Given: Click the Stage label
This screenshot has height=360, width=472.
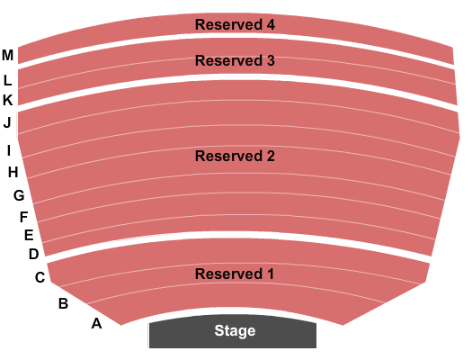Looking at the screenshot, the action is (235, 331).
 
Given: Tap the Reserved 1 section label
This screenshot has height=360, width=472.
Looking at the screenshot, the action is (235, 274).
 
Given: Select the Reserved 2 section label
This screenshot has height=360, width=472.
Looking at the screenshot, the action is (235, 156).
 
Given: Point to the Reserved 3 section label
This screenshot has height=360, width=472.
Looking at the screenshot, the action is (235, 60).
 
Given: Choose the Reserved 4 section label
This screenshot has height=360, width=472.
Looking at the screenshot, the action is (235, 24).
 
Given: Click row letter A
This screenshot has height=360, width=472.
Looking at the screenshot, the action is (96, 323).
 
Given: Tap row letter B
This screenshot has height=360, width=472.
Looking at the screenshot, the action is (63, 303).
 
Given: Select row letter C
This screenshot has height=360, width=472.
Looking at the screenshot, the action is (40, 277).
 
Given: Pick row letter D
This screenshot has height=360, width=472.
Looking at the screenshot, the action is (34, 254).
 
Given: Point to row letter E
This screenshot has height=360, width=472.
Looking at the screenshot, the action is (29, 235).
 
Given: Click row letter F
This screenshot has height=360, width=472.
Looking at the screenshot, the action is (23, 217).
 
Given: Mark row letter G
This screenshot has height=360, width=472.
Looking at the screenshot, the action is (19, 195).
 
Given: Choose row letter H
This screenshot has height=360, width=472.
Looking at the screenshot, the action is (13, 172).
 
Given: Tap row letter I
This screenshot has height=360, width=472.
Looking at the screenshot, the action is (9, 150).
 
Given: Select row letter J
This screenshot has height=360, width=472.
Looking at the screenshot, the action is (7, 123).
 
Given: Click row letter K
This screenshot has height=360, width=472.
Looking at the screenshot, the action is (8, 100).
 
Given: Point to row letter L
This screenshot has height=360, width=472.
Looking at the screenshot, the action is (7, 80).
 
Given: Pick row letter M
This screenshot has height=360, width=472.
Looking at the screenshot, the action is (7, 55).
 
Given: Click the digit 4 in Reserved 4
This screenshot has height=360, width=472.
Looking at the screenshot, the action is (271, 24).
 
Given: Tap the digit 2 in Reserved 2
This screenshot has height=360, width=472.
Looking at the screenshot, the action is (271, 156).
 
